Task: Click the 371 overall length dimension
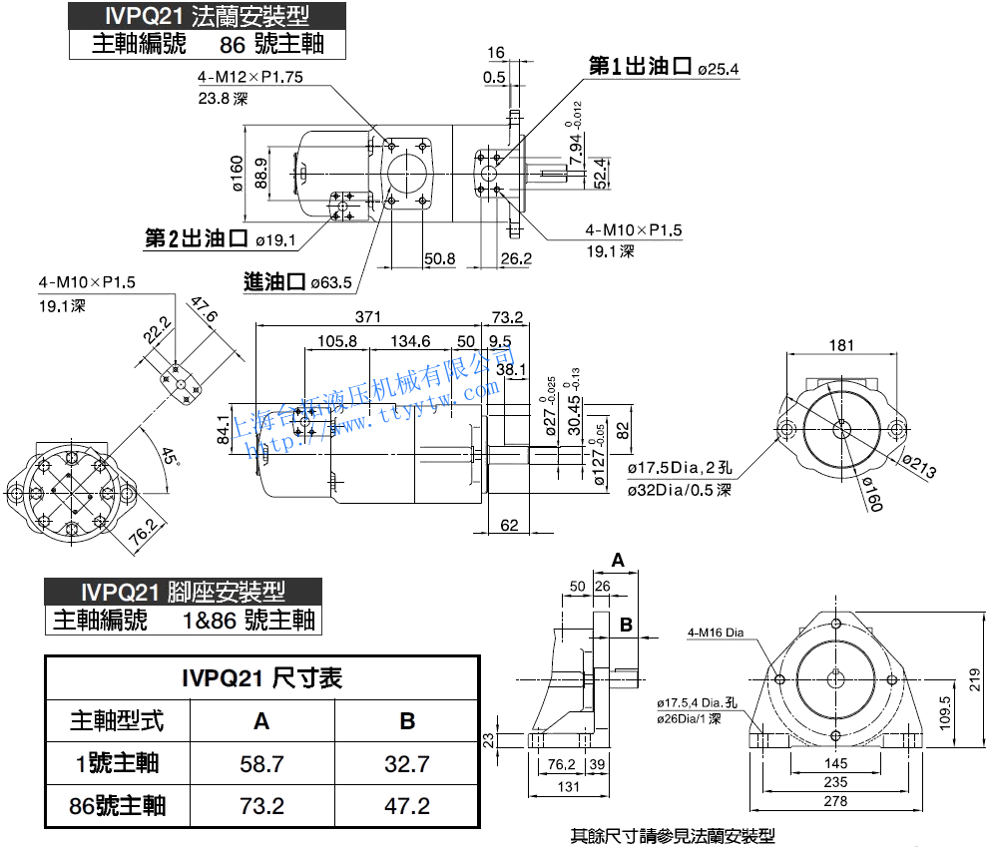pos(368,317)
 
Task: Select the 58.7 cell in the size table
pos(261,764)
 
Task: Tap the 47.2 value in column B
pos(406,805)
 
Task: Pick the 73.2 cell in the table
pos(261,805)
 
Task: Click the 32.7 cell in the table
pos(406,764)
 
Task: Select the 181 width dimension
pos(841,345)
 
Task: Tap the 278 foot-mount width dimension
pos(835,801)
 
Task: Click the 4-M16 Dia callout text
pos(716,632)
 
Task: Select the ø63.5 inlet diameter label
pos(331,283)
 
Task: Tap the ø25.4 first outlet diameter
pos(718,69)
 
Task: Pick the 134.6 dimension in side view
pos(410,341)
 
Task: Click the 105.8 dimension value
pos(337,341)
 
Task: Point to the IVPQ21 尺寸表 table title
pos(261,678)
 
